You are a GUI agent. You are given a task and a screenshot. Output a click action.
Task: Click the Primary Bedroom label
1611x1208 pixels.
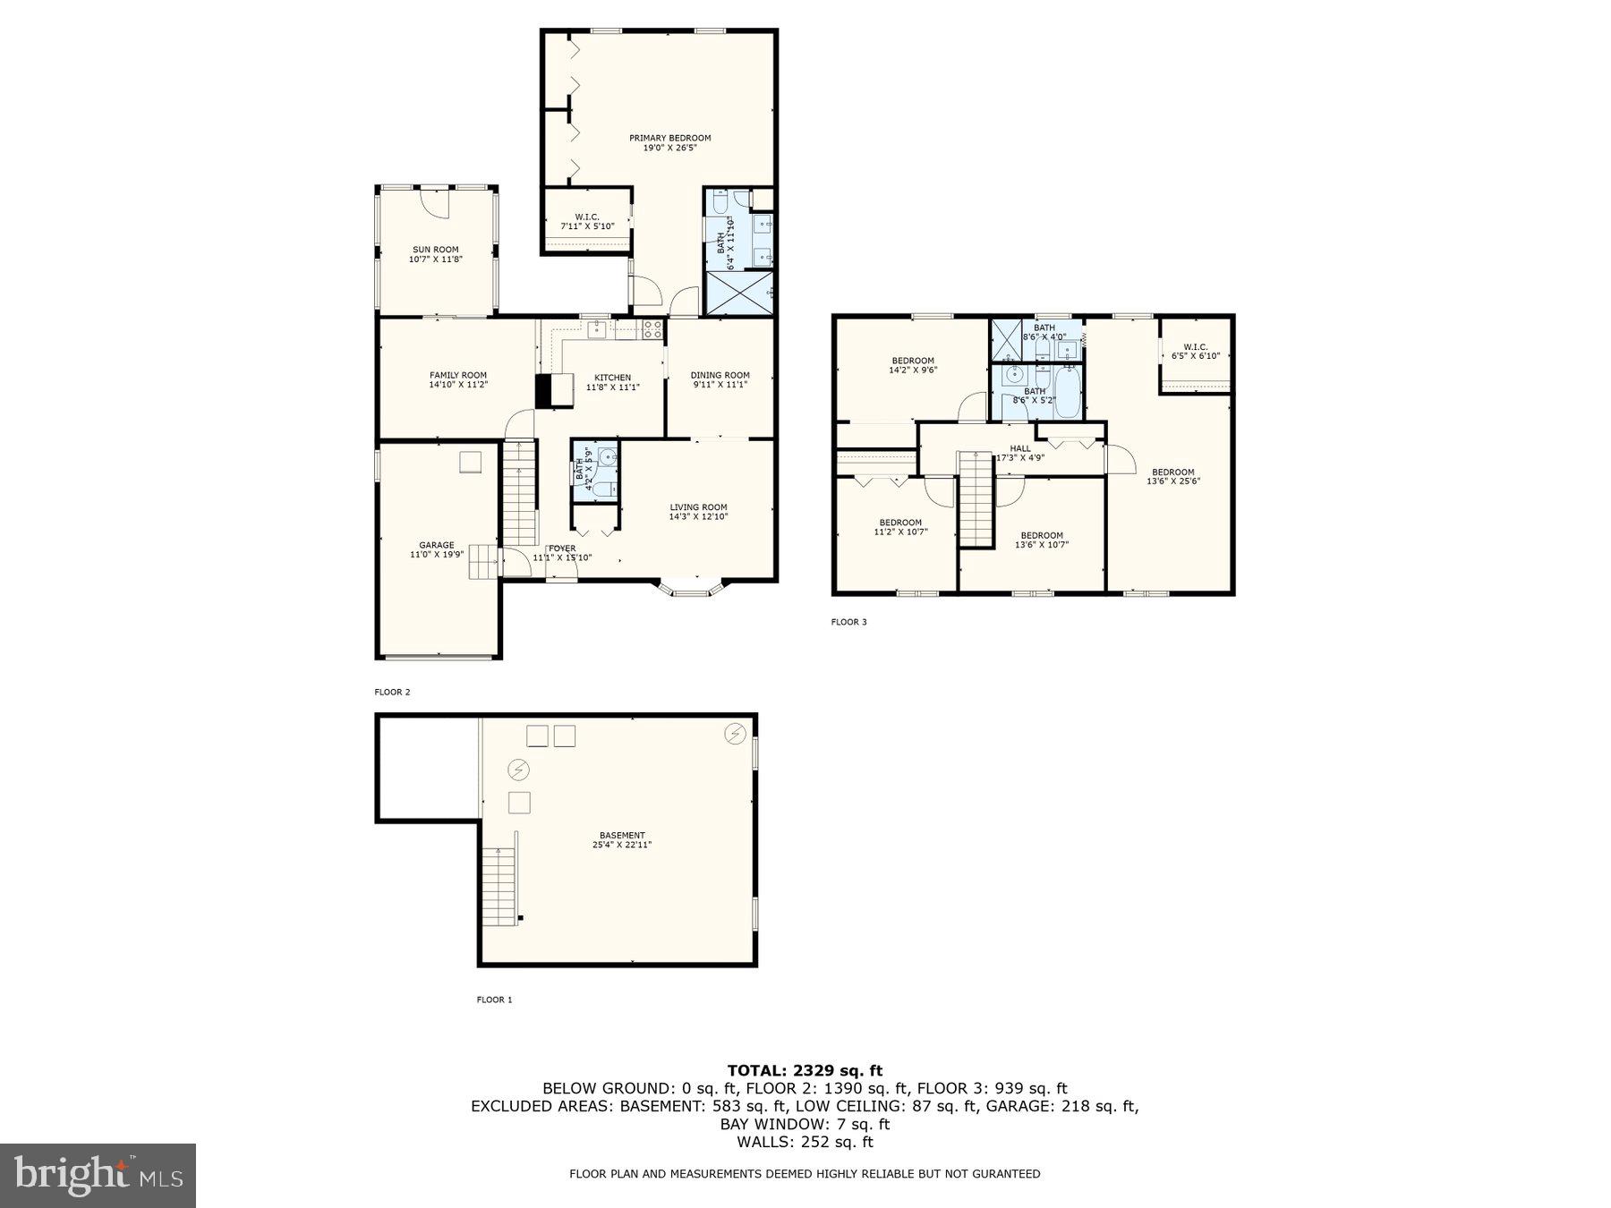click(x=669, y=139)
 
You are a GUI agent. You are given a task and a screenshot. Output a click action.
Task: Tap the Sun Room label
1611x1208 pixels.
click(x=435, y=251)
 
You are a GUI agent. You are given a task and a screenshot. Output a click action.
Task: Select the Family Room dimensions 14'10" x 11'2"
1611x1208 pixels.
click(x=458, y=386)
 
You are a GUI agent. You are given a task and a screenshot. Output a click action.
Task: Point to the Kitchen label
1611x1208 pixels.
click(x=613, y=378)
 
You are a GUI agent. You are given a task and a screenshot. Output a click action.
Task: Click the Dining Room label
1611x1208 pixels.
click(x=720, y=376)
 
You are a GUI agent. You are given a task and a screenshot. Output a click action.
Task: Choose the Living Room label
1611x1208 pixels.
click(x=698, y=507)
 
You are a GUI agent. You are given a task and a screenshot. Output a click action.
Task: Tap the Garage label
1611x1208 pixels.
click(x=437, y=545)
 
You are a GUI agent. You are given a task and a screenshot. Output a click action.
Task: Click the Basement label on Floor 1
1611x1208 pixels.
click(x=622, y=836)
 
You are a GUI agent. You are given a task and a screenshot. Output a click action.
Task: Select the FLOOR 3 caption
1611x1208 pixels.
click(x=848, y=622)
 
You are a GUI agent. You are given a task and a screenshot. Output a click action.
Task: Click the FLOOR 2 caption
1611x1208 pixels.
click(x=392, y=692)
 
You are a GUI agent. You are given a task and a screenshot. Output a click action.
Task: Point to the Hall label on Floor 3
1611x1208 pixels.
click(x=1020, y=448)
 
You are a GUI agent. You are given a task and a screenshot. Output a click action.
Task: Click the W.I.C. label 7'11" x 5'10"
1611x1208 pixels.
click(x=587, y=217)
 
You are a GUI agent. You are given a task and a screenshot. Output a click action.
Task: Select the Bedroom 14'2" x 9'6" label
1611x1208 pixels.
click(x=912, y=361)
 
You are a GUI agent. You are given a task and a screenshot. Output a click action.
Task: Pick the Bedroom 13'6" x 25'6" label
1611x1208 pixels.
click(x=1172, y=472)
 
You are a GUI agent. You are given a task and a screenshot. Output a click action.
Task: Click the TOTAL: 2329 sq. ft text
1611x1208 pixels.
click(x=805, y=1070)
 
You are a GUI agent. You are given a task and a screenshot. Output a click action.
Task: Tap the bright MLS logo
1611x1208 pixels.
click(x=98, y=1175)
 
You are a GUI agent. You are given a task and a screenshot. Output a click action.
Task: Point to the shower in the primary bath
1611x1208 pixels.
click(x=740, y=293)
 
